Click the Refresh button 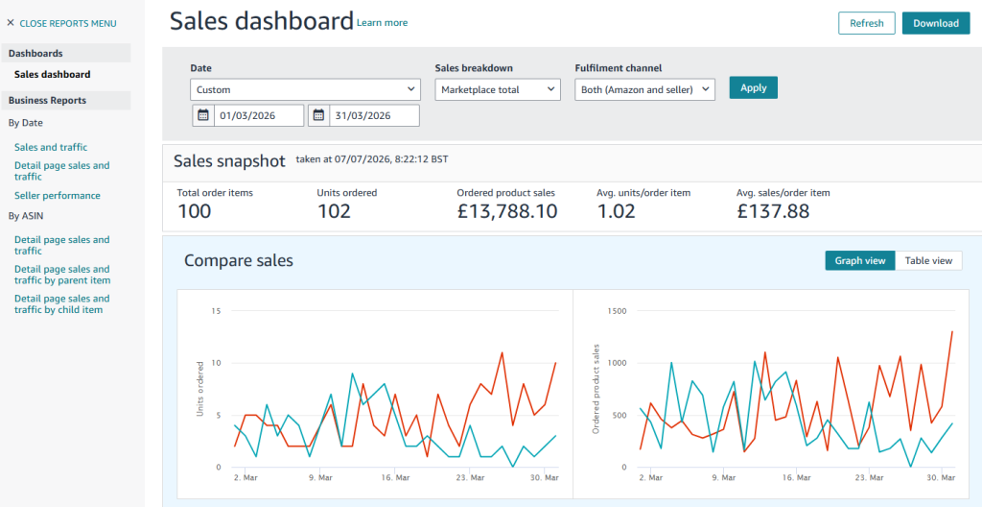(x=867, y=23)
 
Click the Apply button (x=754, y=87)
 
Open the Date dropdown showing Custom (x=304, y=89)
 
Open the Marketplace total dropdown (x=498, y=89)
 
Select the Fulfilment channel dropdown (x=644, y=89)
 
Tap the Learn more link (x=382, y=23)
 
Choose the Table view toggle (x=928, y=260)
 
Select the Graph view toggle (x=860, y=260)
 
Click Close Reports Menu (x=61, y=23)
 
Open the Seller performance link (x=57, y=195)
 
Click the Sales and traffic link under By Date (x=51, y=147)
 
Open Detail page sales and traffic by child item (x=62, y=303)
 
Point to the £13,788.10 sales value (x=507, y=211)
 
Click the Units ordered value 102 (x=334, y=211)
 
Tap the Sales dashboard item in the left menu (x=53, y=74)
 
